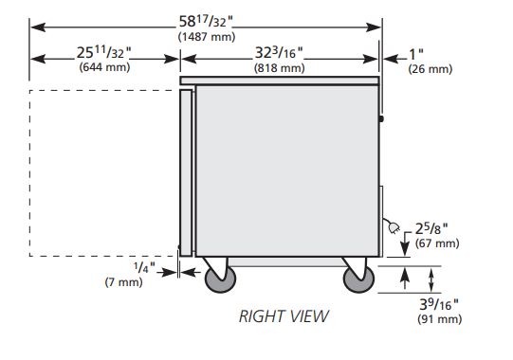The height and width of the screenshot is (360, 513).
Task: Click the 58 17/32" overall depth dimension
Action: click(206, 22)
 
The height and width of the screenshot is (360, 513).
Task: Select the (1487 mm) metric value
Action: click(207, 37)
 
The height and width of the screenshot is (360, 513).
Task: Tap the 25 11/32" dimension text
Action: click(104, 52)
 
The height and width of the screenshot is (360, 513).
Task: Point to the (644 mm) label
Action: click(104, 67)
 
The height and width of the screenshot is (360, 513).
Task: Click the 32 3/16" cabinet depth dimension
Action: click(279, 52)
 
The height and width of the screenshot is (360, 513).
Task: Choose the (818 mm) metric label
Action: click(279, 68)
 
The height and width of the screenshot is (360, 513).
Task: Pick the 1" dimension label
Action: click(416, 54)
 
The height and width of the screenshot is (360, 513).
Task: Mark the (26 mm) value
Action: click(430, 69)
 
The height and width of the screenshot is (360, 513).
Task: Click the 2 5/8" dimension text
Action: click(431, 229)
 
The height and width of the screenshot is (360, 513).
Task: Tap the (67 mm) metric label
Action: click(437, 243)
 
